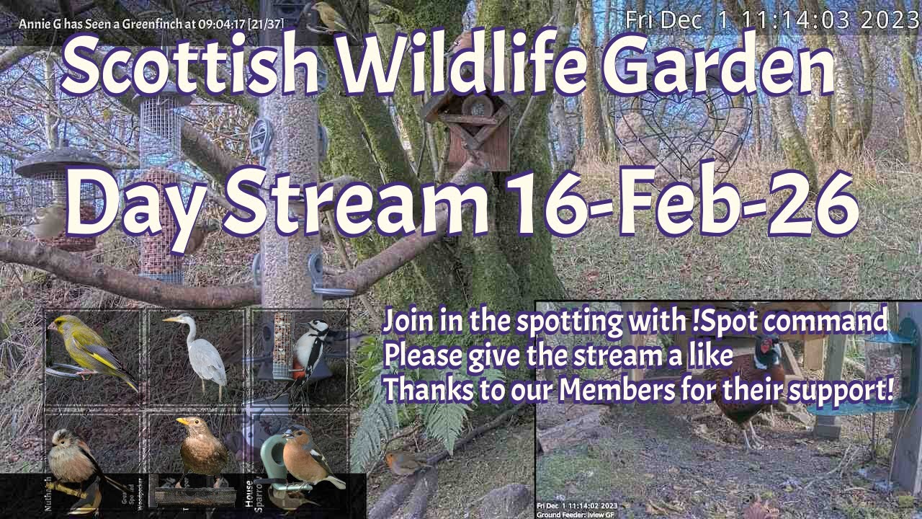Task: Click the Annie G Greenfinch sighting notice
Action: pyautogui.click(x=151, y=24)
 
